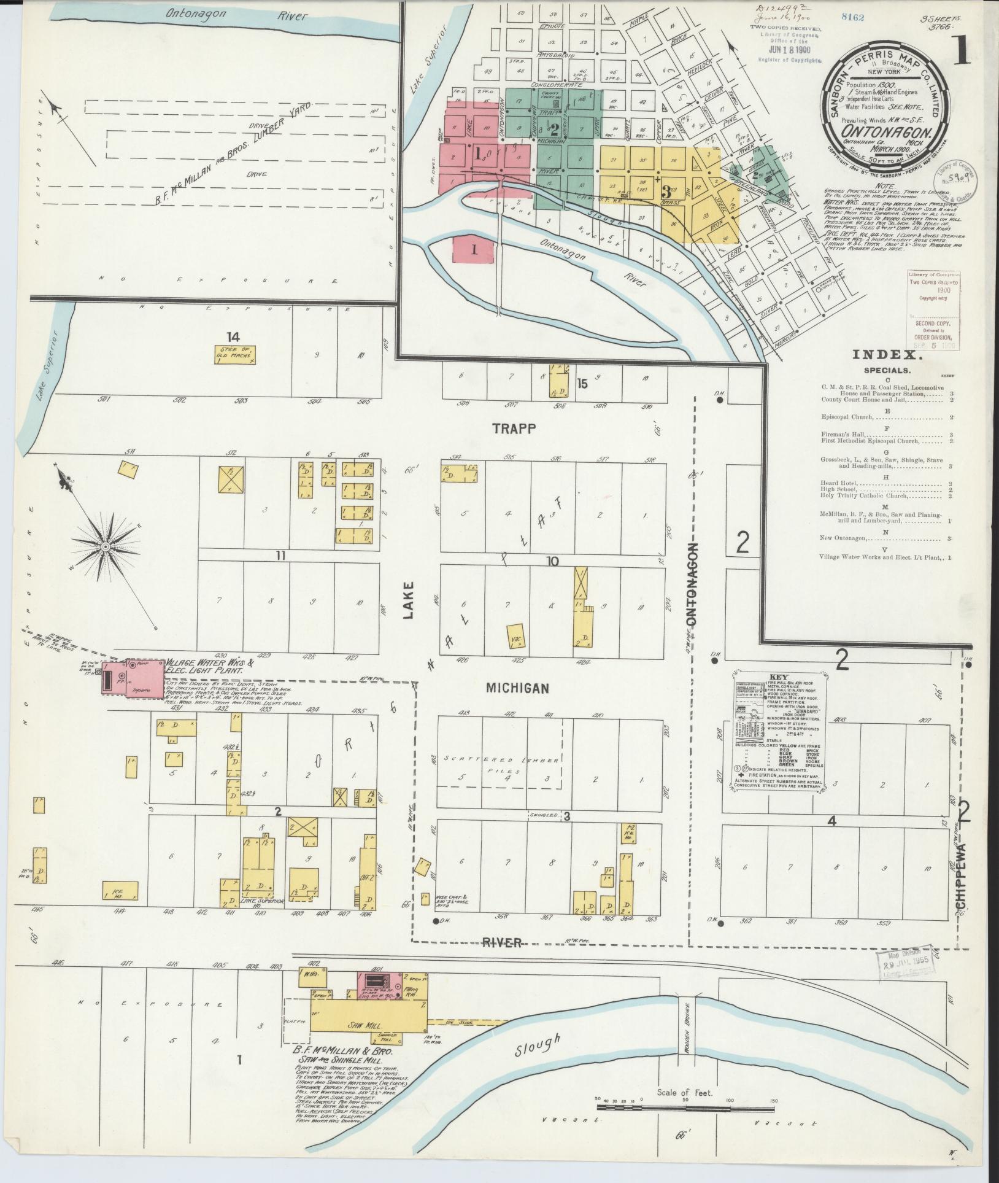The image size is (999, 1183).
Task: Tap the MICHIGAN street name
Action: click(x=517, y=688)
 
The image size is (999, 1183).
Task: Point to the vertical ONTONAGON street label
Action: click(x=693, y=584)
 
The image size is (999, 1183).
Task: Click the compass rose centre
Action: click(x=106, y=546)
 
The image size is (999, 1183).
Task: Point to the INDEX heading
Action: click(x=886, y=354)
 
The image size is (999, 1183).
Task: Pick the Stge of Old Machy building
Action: click(x=234, y=355)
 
